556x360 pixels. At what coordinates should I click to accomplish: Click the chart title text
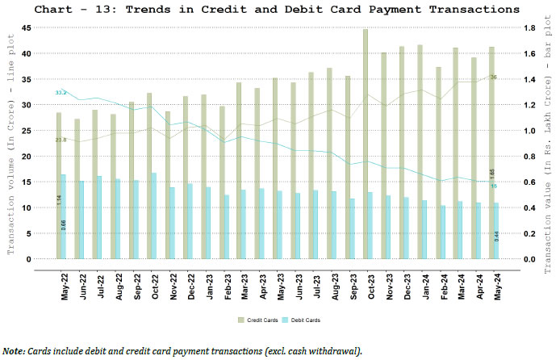pyautogui.click(x=278, y=10)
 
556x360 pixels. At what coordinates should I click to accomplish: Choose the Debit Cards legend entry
pyautogui.click(x=301, y=320)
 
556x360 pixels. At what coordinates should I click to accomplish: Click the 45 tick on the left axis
pyautogui.click(x=26, y=27)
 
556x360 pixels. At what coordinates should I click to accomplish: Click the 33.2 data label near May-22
pyautogui.click(x=61, y=93)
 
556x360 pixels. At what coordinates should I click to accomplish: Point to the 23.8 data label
pyautogui.click(x=61, y=140)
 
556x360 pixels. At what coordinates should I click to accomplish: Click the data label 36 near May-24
pyautogui.click(x=493, y=77)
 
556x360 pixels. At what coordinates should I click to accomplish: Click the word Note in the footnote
pyautogui.click(x=13, y=351)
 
